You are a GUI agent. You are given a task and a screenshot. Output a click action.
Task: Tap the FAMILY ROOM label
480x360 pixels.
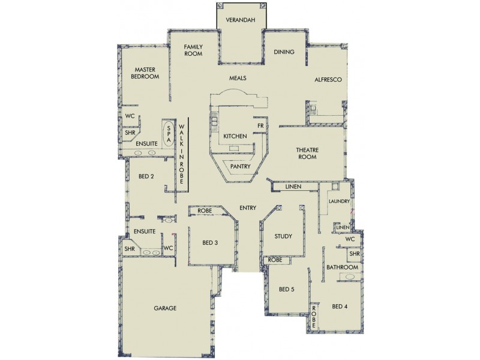point(193,50)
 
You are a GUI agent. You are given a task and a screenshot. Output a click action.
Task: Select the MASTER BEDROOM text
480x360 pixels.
point(146,73)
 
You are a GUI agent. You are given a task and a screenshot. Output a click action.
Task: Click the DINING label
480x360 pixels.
point(284,52)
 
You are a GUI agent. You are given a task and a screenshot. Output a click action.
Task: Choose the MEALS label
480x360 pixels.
point(238,78)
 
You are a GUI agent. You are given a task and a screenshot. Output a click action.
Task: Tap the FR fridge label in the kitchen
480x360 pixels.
point(260,126)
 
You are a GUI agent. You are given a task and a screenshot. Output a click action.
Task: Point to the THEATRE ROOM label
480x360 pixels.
point(306,153)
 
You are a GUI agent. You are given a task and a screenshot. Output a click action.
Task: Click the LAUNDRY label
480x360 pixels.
point(338,202)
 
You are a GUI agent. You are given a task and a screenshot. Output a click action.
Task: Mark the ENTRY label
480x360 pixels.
point(248,208)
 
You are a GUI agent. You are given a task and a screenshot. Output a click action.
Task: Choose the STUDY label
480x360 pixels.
point(283,236)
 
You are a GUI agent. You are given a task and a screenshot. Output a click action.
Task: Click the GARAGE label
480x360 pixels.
point(164,308)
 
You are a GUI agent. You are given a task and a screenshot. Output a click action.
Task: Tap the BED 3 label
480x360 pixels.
point(209,243)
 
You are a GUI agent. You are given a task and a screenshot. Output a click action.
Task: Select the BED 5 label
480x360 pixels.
point(287,289)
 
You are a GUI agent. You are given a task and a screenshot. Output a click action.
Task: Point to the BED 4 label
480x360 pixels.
point(339,307)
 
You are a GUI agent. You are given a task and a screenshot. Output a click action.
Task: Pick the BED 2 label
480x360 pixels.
point(146,176)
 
